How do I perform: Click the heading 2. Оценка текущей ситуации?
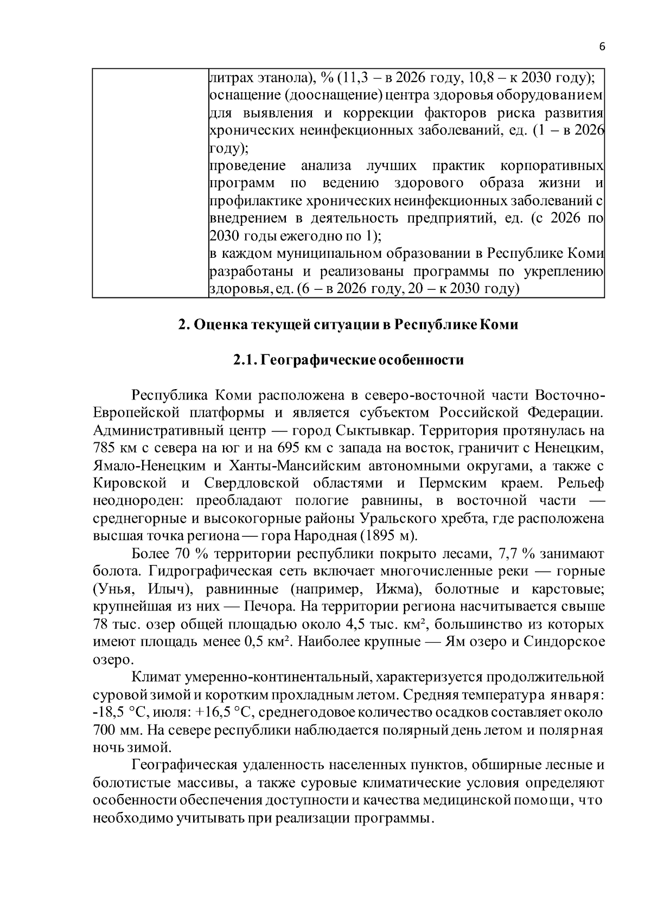tap(348, 325)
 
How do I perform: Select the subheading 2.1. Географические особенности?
tap(348, 360)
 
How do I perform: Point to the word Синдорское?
tap(564, 641)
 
